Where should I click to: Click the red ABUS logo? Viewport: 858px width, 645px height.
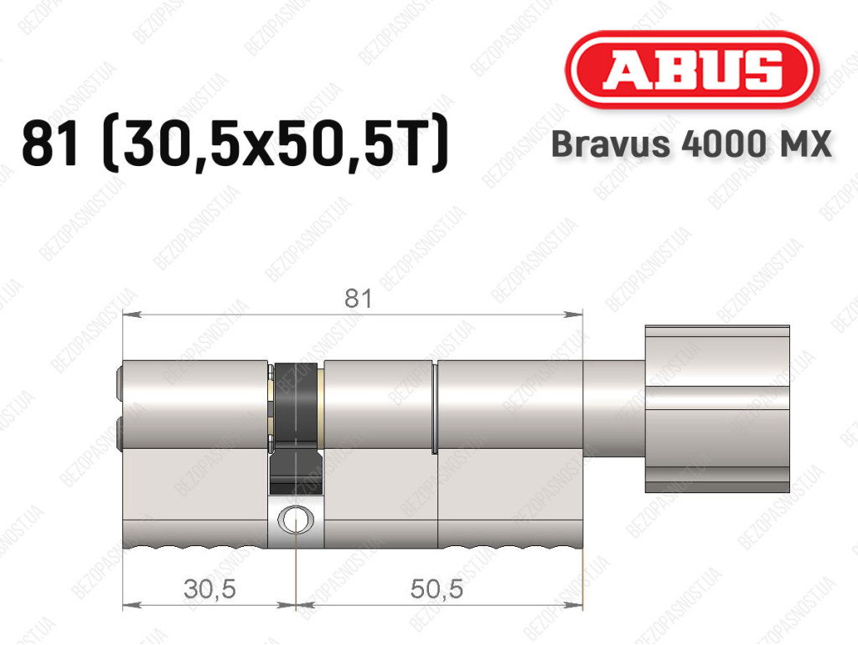pyautogui.click(x=691, y=70)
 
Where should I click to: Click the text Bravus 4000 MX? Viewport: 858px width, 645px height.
pyautogui.click(x=691, y=144)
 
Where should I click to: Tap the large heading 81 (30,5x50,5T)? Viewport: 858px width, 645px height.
pyautogui.click(x=235, y=144)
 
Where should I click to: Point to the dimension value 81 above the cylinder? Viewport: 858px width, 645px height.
pyautogui.click(x=359, y=299)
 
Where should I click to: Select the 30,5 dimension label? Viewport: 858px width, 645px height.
pyautogui.click(x=209, y=589)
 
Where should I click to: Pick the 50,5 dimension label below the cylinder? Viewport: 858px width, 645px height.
pyautogui.click(x=436, y=589)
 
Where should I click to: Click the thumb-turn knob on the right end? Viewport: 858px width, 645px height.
pyautogui.click(x=717, y=409)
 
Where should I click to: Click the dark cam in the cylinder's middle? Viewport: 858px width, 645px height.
pyautogui.click(x=296, y=427)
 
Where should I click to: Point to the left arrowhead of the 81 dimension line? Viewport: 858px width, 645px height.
pyautogui.click(x=132, y=315)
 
